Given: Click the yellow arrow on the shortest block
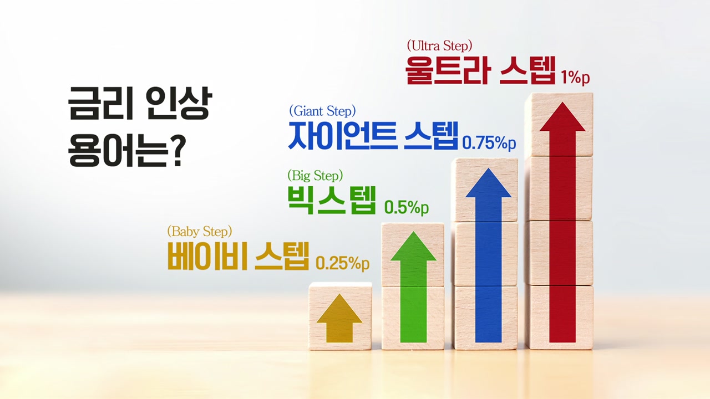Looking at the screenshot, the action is (339, 318).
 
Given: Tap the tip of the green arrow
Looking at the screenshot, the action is (413, 232).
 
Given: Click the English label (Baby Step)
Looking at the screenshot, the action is (200, 232).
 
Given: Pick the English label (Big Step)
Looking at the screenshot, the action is (315, 176).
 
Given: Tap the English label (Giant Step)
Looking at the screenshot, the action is (322, 111).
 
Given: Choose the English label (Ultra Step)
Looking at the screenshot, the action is (440, 46).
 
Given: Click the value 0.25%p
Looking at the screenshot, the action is (343, 263).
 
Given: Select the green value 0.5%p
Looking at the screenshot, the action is (407, 208).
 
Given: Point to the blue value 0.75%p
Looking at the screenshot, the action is (489, 143).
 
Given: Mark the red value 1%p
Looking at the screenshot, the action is (575, 77).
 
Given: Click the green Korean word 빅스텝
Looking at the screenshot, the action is (332, 200).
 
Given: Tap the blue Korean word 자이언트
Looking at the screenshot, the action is (342, 136).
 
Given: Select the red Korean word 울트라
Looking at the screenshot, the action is (447, 70).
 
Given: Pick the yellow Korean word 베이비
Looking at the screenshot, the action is (207, 256).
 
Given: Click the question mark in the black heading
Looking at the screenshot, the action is (174, 151).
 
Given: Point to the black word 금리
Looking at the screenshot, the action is (100, 103).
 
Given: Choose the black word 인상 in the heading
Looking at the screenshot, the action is (179, 103).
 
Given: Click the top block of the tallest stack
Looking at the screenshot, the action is (559, 124).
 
